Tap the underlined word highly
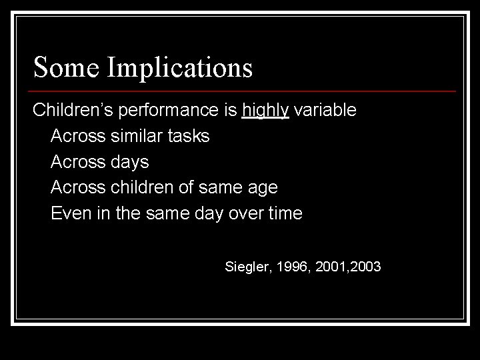click(265, 111)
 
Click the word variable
click(325, 110)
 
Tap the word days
click(130, 162)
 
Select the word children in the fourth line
click(141, 188)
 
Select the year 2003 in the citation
click(365, 267)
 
